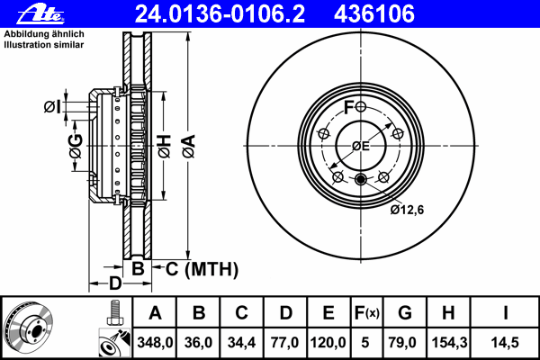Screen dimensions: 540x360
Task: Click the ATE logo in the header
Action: [x=40, y=14]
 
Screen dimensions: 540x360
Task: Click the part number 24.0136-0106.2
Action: [x=220, y=14]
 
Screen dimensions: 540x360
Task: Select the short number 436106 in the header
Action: [x=374, y=14]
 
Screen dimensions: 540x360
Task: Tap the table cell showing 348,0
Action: [x=155, y=342]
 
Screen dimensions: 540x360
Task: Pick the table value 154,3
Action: [x=449, y=342]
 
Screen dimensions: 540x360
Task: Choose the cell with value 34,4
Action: [x=241, y=342]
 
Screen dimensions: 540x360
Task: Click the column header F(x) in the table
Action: [x=366, y=313]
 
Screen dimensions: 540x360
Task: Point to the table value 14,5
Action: [x=505, y=342]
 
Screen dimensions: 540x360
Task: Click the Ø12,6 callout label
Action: [x=407, y=210]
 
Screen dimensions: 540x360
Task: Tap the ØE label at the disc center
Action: [x=361, y=146]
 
